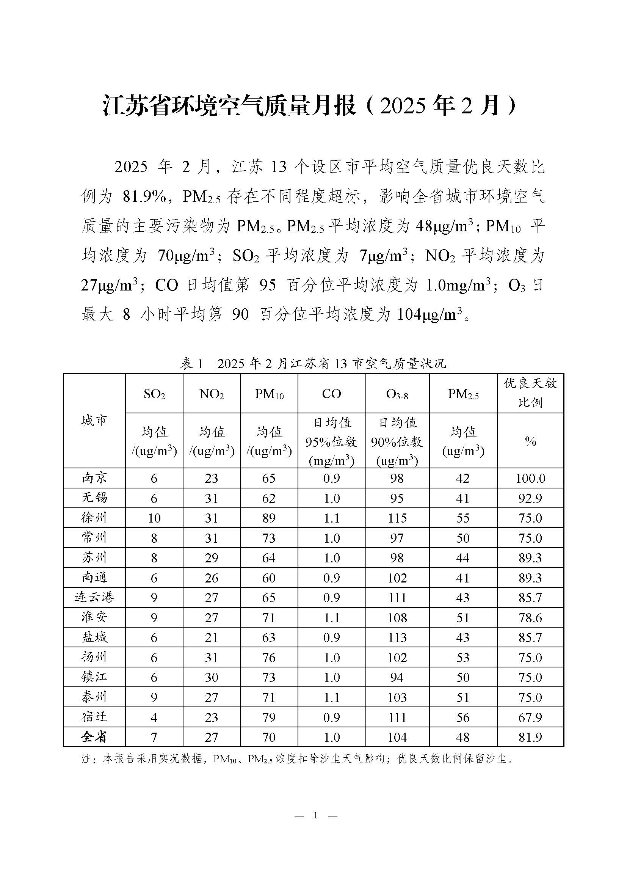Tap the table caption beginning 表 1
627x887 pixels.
(313, 363)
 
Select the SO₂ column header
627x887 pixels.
(154, 394)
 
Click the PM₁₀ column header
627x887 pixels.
(269, 394)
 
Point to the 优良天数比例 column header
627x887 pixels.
(530, 393)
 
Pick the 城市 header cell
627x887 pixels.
(94, 421)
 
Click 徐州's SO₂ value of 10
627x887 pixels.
(154, 518)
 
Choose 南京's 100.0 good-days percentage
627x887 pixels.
(530, 478)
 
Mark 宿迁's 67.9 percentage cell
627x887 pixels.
(530, 717)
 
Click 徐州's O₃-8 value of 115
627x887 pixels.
(397, 518)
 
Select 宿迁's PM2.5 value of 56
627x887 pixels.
(462, 717)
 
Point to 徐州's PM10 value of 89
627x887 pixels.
(269, 518)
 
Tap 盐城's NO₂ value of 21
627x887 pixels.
(212, 637)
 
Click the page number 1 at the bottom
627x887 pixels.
(316, 816)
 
